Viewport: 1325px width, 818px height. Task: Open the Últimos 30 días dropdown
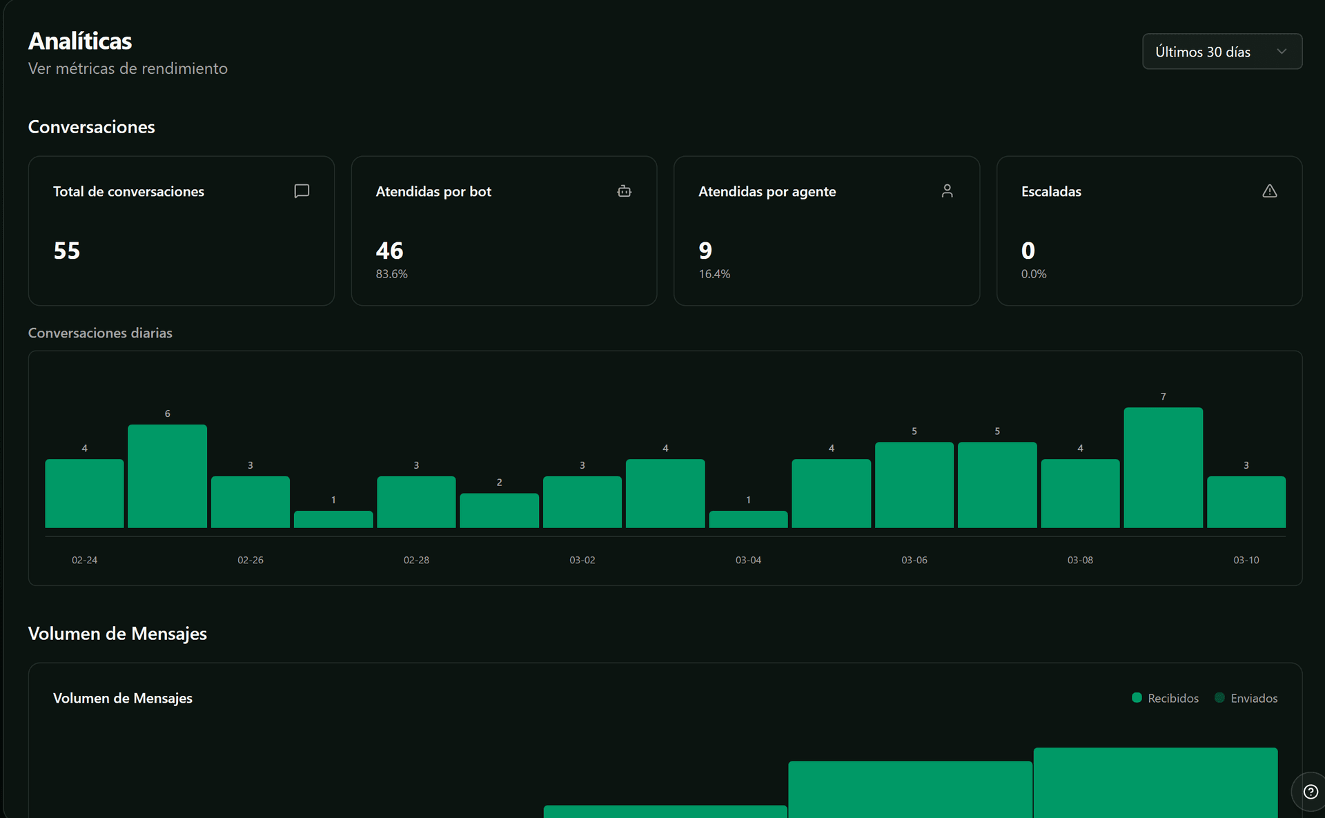point(1221,52)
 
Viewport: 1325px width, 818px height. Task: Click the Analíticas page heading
point(80,41)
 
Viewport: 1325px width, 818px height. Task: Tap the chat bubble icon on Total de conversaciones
point(302,191)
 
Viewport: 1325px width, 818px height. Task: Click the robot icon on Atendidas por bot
point(624,191)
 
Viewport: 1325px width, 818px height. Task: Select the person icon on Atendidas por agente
point(947,191)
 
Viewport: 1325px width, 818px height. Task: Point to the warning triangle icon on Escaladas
point(1269,191)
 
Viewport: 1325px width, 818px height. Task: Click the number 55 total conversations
point(67,251)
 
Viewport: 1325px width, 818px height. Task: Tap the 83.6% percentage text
point(391,274)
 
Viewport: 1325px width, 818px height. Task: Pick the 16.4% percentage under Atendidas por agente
point(714,274)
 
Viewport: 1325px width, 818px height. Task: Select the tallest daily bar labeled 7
point(1163,468)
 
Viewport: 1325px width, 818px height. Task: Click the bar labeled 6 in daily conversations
point(167,476)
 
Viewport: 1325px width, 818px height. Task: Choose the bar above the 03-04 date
point(748,519)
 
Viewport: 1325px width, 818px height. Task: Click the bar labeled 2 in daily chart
point(499,511)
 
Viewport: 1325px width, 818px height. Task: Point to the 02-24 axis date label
point(84,560)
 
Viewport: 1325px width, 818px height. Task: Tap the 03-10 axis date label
point(1246,560)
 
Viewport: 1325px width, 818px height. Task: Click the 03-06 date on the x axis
point(914,560)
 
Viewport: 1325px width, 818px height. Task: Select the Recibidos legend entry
point(1166,698)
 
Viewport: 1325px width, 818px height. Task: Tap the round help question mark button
point(1310,792)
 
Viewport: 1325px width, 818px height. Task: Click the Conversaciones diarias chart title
point(100,333)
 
